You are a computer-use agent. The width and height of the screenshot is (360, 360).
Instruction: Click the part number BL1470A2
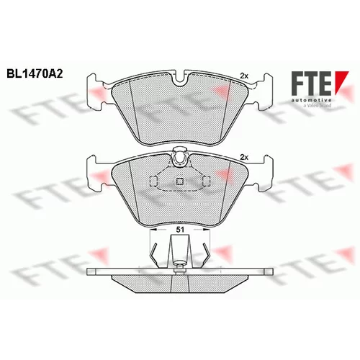(35, 74)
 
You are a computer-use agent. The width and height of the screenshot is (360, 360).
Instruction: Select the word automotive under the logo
(312, 100)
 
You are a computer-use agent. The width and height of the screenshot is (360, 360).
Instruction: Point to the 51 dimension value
(180, 230)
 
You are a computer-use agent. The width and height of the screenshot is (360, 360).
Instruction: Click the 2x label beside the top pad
(244, 76)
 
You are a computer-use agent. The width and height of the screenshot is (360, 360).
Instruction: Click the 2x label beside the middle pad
(244, 158)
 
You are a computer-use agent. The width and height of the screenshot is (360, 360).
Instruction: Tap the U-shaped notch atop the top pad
(180, 79)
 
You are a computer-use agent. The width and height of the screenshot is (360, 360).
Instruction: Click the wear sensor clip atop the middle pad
(180, 157)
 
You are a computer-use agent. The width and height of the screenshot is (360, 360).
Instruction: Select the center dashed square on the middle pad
(180, 181)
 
